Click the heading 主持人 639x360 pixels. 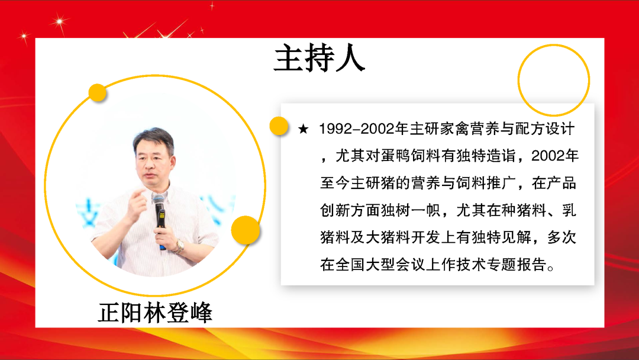pyautogui.click(x=319, y=58)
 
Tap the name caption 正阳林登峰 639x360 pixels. pyautogui.click(x=155, y=313)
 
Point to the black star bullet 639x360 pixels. pyautogui.click(x=303, y=129)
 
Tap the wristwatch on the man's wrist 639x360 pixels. pyautogui.click(x=179, y=246)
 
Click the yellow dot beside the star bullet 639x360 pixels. pyautogui.click(x=279, y=126)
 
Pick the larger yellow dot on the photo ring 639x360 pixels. pyautogui.click(x=246, y=230)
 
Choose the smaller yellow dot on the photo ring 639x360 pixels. pyautogui.click(x=98, y=92)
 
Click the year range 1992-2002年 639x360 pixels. pyautogui.click(x=364, y=129)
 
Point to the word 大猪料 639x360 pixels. pyautogui.click(x=388, y=237)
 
